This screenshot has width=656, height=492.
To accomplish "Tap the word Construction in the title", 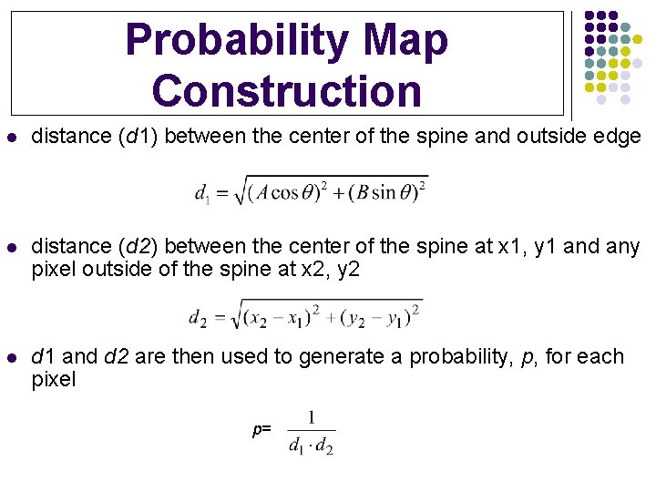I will click(x=288, y=91).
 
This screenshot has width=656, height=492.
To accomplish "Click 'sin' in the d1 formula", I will click(x=384, y=192).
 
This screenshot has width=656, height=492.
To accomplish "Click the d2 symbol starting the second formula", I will click(x=196, y=317).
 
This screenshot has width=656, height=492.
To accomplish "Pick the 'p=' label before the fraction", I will click(x=261, y=428).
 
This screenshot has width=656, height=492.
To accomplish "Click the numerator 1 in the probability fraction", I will click(x=311, y=417).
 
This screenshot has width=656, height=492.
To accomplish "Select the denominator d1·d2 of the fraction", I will click(x=311, y=446).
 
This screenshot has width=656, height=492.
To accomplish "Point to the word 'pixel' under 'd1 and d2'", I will click(x=54, y=379).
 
